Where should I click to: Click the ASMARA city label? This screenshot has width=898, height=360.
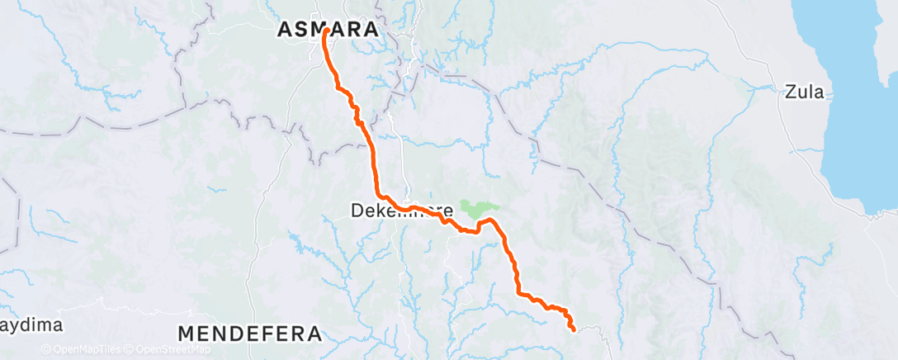[x=328, y=30]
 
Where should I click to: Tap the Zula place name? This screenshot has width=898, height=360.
[x=805, y=92]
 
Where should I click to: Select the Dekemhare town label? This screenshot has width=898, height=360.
[x=402, y=211]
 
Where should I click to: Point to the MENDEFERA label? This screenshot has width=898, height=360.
[x=249, y=334]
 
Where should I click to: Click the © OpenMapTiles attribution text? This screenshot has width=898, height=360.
[x=83, y=350]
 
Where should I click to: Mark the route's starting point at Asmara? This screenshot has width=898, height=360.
[x=326, y=31]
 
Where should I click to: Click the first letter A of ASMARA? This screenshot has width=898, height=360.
[x=285, y=30]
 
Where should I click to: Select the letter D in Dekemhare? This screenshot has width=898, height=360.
[x=357, y=211]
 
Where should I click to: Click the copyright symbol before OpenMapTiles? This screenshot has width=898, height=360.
[x=45, y=350]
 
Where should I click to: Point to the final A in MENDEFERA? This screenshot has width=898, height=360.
[x=312, y=334]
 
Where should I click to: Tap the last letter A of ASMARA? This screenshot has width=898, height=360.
[x=371, y=30]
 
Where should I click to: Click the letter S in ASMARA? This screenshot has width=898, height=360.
[x=302, y=30]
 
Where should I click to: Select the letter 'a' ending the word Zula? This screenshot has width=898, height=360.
[x=818, y=92]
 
